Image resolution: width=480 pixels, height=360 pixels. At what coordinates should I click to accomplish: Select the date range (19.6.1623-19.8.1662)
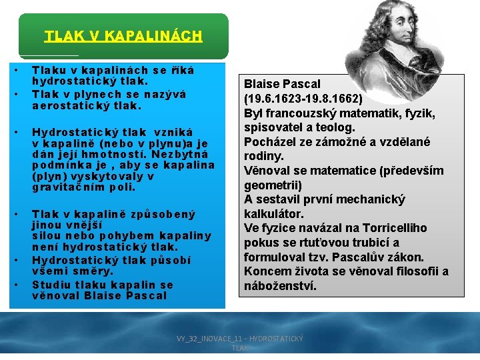coord(303,98)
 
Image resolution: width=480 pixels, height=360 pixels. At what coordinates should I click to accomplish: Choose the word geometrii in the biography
coord(273,185)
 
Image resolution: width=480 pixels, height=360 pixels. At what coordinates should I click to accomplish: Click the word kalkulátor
coord(274,214)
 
